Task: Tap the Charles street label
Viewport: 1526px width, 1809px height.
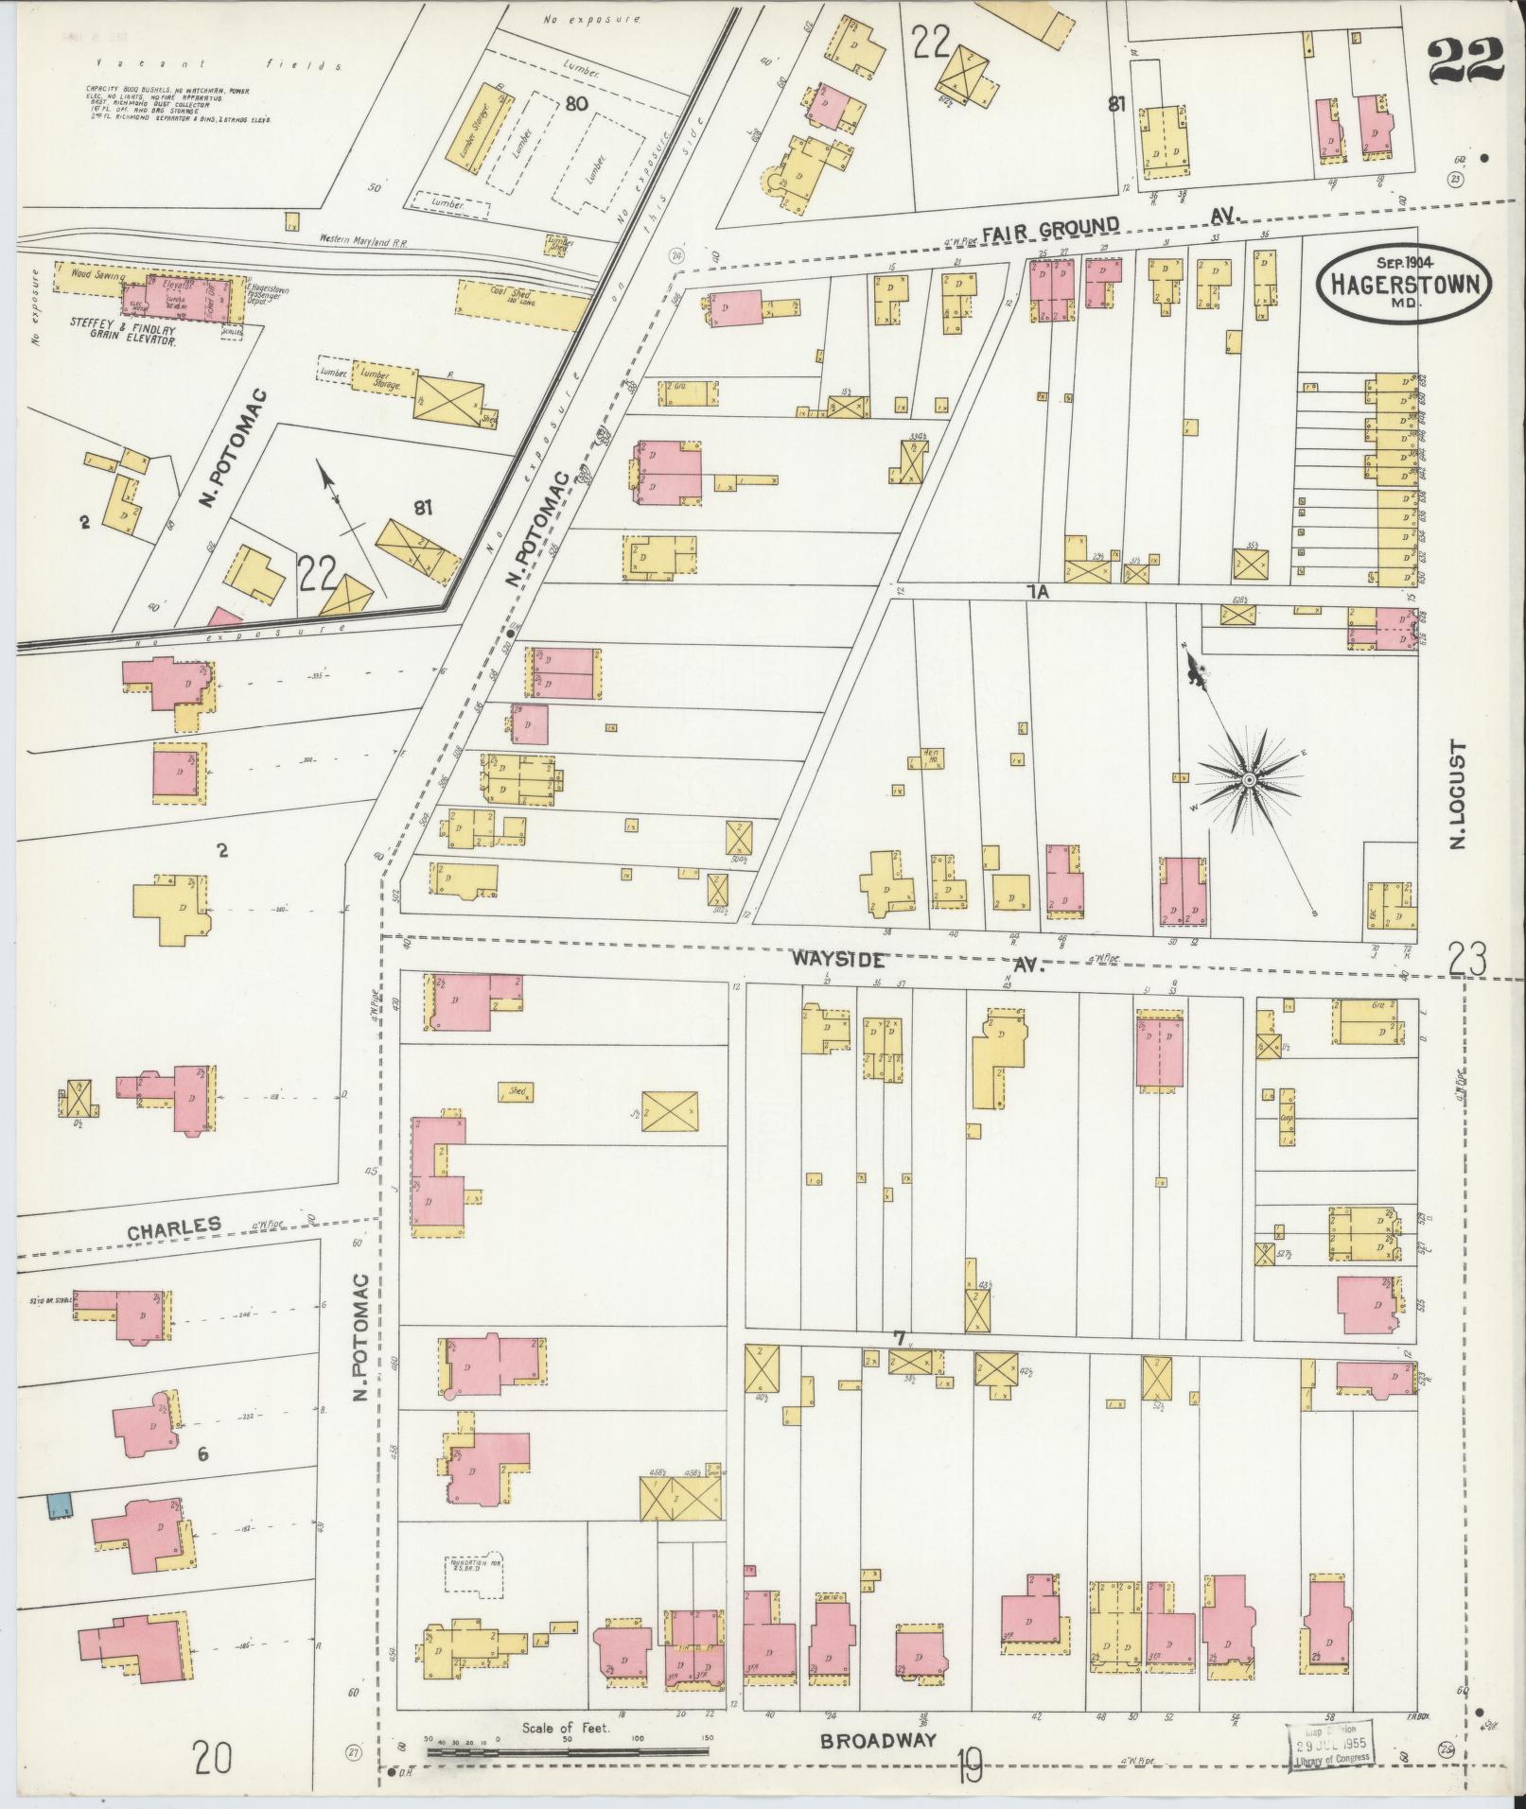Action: pyautogui.click(x=174, y=1227)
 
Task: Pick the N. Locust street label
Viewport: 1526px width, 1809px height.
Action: pyautogui.click(x=1457, y=794)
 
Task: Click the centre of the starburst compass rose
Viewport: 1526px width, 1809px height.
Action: pyautogui.click(x=1248, y=779)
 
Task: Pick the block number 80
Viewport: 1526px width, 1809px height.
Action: pyautogui.click(x=573, y=105)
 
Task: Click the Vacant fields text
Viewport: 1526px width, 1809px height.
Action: pyautogui.click(x=208, y=64)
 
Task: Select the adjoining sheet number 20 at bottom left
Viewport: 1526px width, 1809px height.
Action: pyautogui.click(x=215, y=1760)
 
